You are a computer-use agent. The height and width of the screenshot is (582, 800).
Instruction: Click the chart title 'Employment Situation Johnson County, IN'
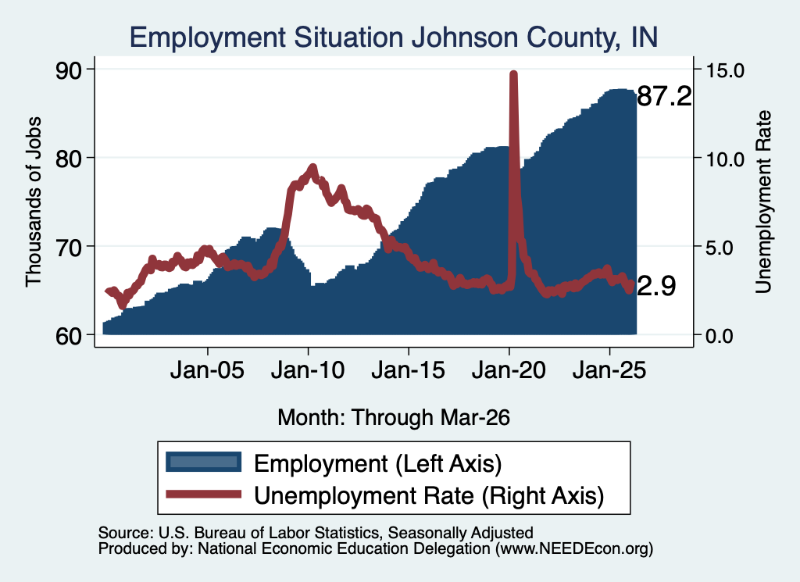tap(394, 37)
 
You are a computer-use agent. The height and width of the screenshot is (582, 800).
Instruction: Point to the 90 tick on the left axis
tap(68, 70)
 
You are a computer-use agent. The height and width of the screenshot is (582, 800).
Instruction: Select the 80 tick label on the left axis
tap(68, 159)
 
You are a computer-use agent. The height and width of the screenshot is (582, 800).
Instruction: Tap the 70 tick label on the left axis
tap(68, 248)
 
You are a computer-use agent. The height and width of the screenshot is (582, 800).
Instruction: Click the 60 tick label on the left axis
tap(68, 336)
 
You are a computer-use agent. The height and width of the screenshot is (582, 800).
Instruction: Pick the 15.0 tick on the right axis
tap(725, 70)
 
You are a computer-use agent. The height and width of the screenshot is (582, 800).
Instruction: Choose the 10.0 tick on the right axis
tap(725, 159)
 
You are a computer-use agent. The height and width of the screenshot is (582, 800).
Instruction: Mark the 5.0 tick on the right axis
tap(720, 248)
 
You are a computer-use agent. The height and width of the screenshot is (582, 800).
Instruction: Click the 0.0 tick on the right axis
tap(720, 336)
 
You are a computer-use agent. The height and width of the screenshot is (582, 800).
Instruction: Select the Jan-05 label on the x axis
tap(207, 370)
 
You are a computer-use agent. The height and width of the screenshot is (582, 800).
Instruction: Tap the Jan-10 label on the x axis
tap(308, 370)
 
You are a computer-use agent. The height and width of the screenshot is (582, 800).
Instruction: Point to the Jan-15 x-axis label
tap(408, 370)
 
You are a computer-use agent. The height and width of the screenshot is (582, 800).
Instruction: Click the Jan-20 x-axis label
tap(509, 370)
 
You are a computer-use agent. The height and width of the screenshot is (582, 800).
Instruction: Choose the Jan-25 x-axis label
tap(609, 370)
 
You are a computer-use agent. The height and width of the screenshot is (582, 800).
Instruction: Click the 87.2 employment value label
tap(664, 96)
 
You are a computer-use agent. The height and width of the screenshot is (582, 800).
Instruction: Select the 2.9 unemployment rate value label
tap(656, 286)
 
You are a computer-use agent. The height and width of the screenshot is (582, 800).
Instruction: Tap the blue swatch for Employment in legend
tap(204, 462)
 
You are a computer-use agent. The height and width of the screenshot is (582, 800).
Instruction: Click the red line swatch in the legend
tap(204, 494)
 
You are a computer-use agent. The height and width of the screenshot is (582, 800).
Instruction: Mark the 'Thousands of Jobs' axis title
tap(33, 202)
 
